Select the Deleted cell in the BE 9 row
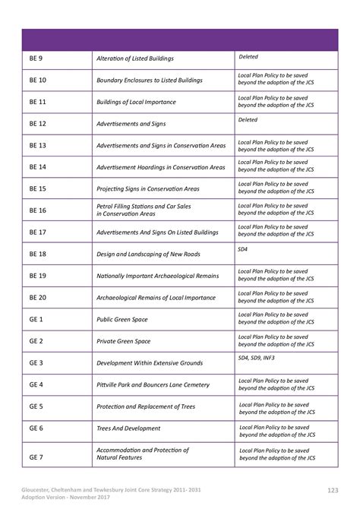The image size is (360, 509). (x=248, y=55)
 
